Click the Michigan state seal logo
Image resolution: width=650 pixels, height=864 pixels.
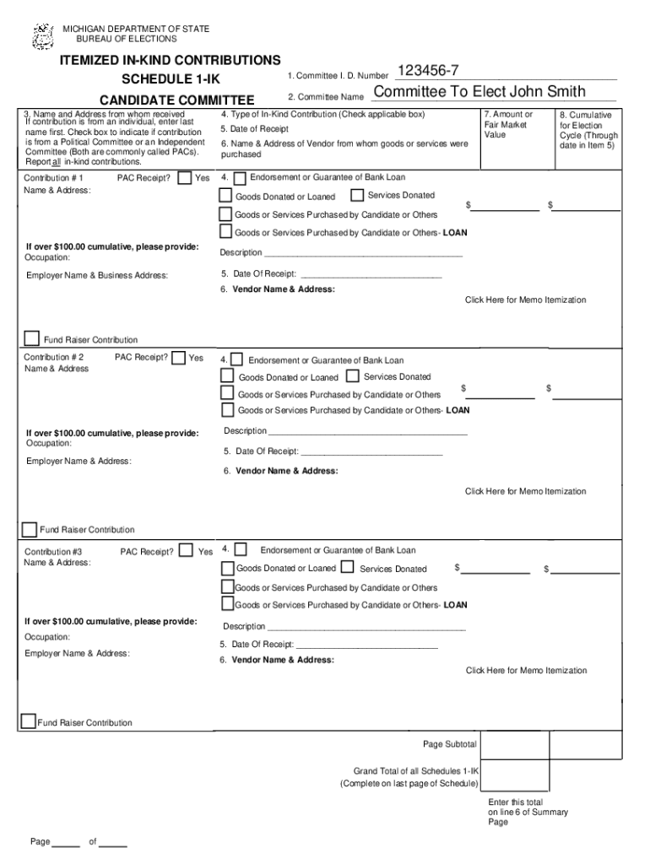(x=43, y=36)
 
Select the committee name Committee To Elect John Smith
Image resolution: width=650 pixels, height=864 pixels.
(x=479, y=92)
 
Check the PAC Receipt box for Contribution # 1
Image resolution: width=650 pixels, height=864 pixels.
(x=185, y=178)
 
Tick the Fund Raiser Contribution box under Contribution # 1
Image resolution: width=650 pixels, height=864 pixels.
(x=32, y=339)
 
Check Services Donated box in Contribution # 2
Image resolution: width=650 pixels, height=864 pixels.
(x=353, y=376)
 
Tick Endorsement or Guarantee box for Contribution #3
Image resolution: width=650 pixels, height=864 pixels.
(x=241, y=549)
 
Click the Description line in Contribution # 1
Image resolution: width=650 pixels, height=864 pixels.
(x=363, y=253)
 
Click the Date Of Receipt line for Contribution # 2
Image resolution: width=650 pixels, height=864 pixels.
(x=371, y=451)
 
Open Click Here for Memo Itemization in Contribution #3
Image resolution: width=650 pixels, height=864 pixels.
(x=526, y=671)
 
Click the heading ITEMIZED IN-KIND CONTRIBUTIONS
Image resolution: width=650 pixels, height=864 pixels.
(x=170, y=61)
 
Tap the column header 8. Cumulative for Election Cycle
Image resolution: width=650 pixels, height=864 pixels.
(x=588, y=130)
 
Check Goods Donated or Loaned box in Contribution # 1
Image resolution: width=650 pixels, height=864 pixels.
(x=225, y=196)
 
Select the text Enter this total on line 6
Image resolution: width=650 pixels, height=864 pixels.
(x=528, y=812)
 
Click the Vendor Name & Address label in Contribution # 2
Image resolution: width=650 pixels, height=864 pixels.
(x=286, y=471)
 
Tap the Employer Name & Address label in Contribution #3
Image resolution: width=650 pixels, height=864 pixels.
(x=77, y=654)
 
